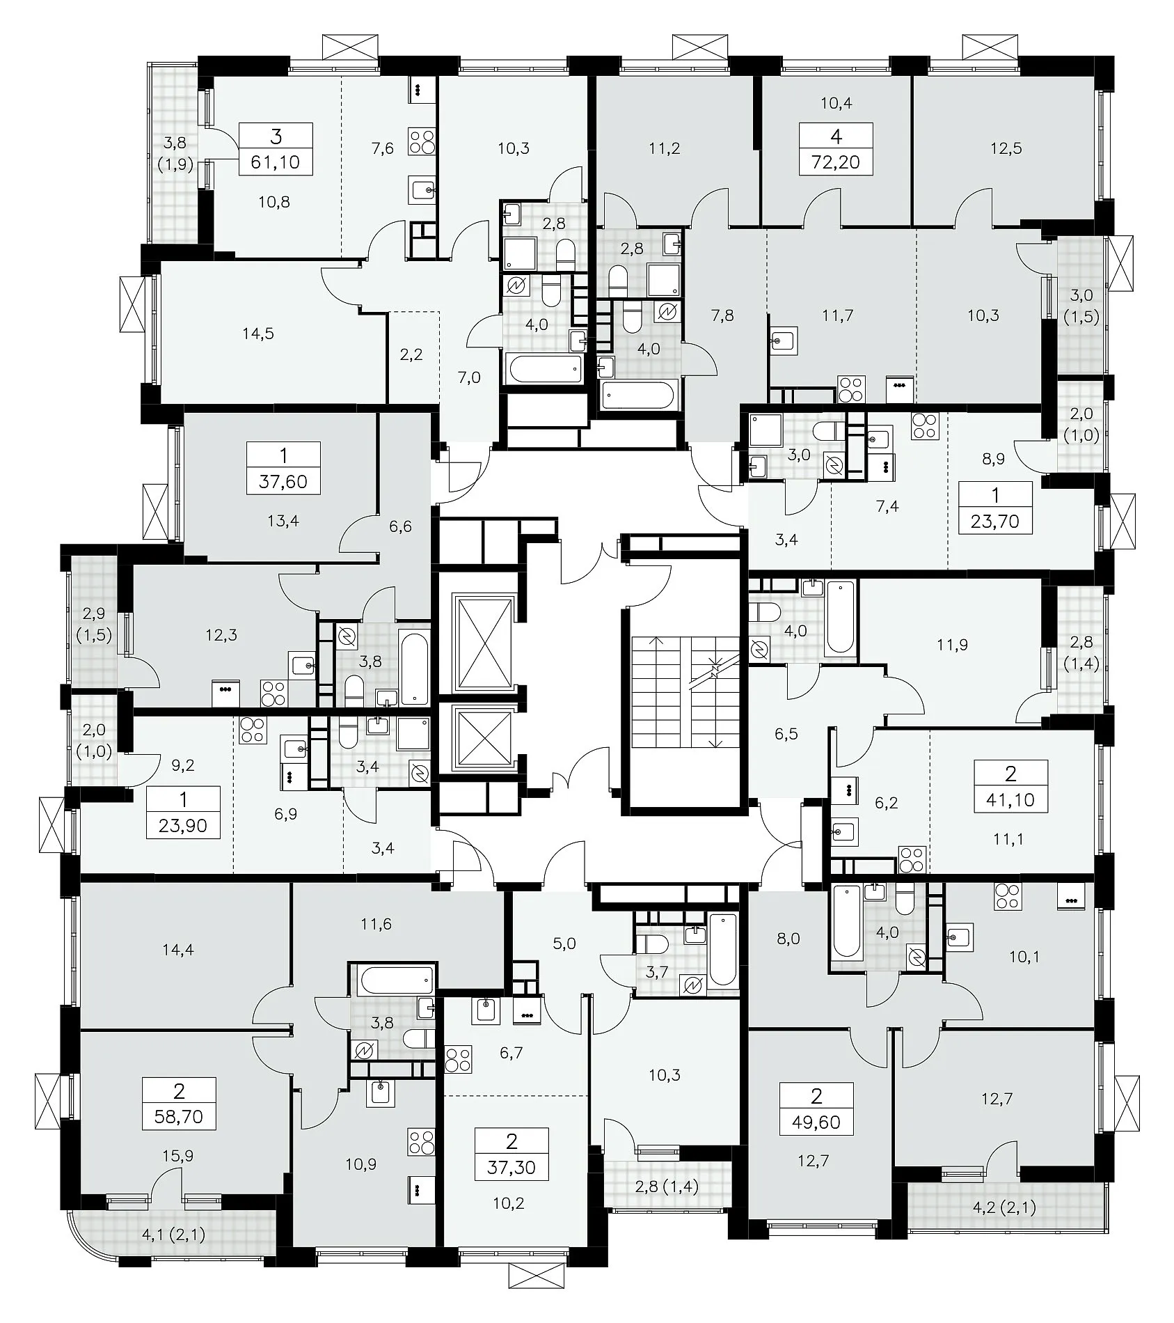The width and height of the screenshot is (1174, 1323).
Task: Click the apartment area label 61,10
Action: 276,162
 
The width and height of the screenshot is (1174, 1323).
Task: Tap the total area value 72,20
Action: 836,162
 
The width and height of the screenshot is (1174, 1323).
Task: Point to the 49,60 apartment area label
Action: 816,1121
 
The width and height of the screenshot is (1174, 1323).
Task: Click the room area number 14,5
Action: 258,334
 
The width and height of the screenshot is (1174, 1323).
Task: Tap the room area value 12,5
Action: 1006,148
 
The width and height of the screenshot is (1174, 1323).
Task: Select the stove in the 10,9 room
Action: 422,1141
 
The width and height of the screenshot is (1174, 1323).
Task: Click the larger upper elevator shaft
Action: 484,634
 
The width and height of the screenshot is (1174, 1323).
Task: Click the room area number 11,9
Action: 952,645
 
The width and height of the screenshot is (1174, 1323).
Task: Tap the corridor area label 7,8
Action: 723,315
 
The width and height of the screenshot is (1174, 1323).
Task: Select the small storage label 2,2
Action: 412,354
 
